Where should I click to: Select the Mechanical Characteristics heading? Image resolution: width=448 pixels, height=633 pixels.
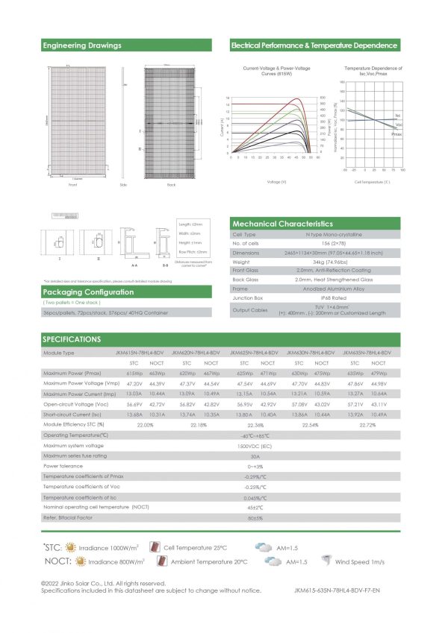[x=283, y=223]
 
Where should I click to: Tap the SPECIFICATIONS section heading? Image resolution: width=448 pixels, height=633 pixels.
[x=72, y=339]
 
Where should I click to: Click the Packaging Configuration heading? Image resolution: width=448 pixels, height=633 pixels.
[x=81, y=292]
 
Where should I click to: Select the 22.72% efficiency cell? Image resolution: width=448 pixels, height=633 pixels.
[x=367, y=424]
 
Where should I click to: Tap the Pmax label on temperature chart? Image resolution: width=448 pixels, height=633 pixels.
[x=396, y=133]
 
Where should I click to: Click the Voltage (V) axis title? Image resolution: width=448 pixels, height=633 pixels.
[x=276, y=181]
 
